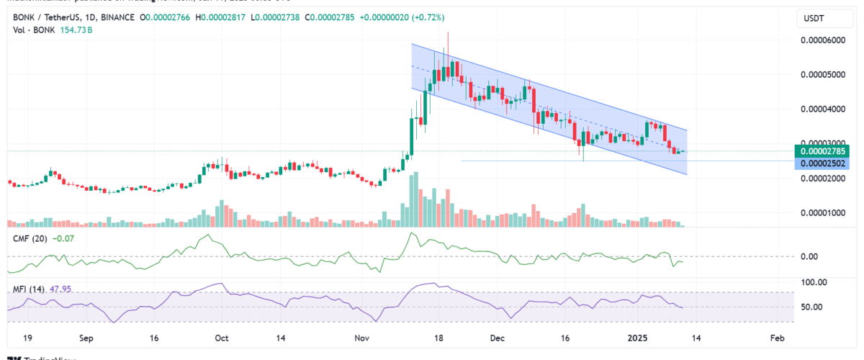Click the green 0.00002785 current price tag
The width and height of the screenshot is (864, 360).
click(823, 151)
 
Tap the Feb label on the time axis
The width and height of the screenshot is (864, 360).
click(776, 337)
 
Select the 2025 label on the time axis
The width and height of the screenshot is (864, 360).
click(638, 337)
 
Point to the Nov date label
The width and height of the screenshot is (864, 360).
click(362, 337)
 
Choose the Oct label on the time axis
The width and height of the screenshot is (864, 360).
click(222, 337)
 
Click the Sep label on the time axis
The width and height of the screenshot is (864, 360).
click(86, 337)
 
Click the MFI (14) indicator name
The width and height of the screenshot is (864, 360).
click(27, 289)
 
